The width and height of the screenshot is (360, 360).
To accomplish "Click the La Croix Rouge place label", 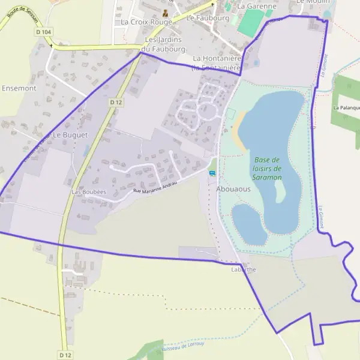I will [146, 22].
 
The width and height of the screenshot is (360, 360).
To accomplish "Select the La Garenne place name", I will [256, 6].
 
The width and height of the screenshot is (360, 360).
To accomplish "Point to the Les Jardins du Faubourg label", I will [164, 44].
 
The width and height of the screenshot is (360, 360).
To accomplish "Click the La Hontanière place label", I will [217, 59].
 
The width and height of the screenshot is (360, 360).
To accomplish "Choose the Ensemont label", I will [19, 88].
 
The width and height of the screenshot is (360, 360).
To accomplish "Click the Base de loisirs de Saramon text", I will [268, 169].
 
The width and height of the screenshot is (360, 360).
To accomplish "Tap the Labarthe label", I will [244, 270].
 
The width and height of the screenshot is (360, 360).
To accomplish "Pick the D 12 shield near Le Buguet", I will [116, 103].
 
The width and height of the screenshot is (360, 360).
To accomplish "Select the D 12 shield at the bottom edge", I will [65, 355].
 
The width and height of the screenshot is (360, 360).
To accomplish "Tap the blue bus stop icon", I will [212, 173].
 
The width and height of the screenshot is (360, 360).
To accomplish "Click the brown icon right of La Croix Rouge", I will [166, 13].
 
